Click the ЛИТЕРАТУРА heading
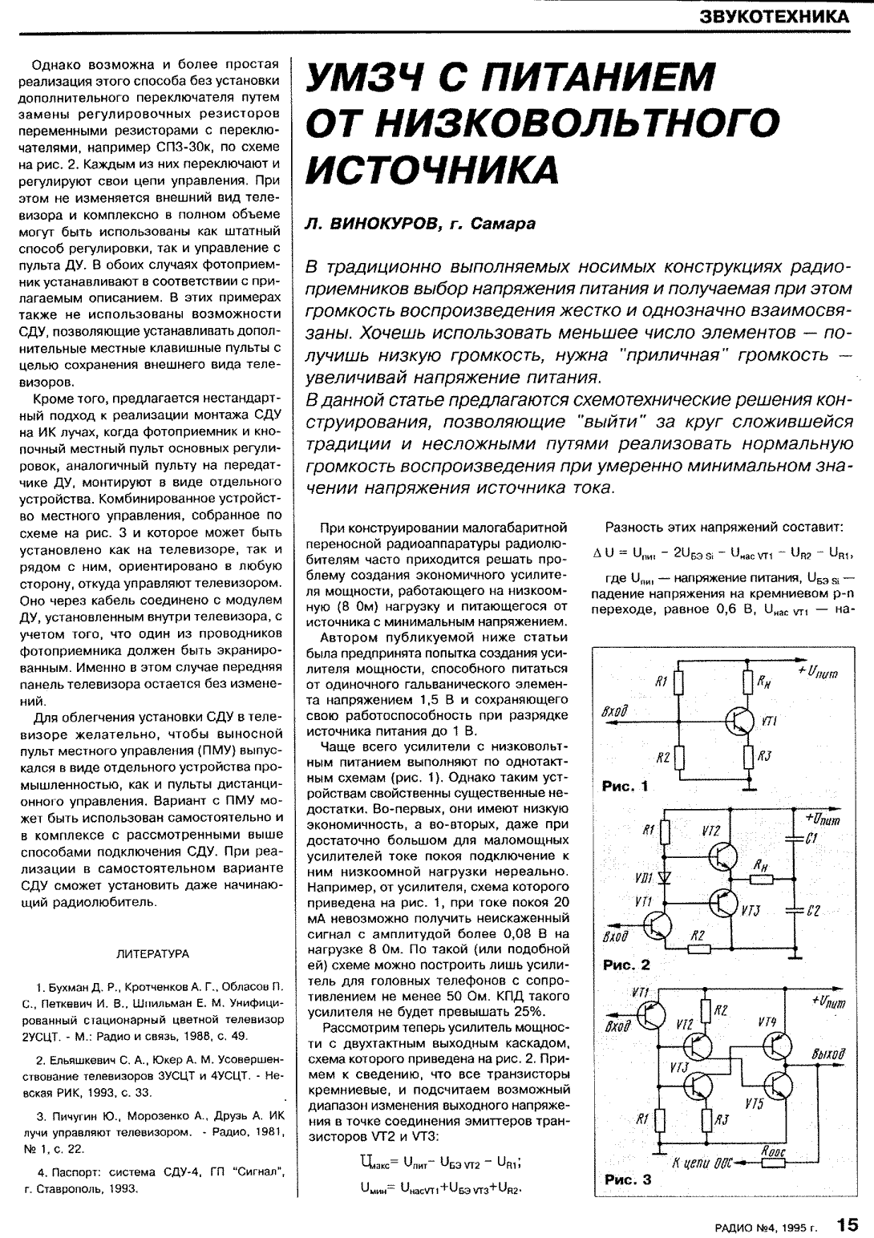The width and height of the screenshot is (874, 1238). pyautogui.click(x=153, y=953)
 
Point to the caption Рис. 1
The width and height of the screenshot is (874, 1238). pyautogui.click(x=625, y=787)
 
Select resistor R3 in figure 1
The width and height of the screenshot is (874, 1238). pyautogui.click(x=747, y=755)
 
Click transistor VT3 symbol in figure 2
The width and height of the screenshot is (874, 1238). pyautogui.click(x=724, y=903)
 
